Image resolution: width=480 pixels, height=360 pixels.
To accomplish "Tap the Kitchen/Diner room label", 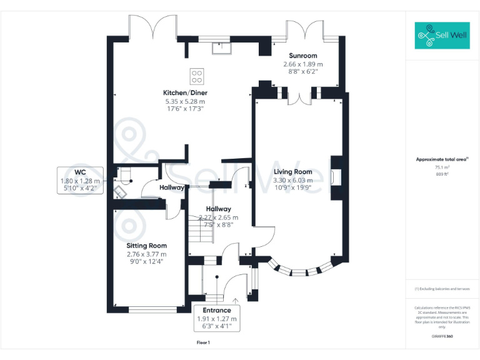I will (x=185, y=93).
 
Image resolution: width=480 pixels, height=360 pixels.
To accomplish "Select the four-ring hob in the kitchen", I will (x=197, y=76).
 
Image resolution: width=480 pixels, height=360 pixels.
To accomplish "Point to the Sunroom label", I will (x=302, y=56).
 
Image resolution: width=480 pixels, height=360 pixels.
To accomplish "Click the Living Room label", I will (x=292, y=172).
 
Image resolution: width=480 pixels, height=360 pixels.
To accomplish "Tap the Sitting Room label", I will (x=146, y=246).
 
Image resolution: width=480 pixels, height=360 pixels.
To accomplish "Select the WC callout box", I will (x=79, y=181).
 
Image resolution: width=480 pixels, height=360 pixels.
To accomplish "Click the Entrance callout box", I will (x=217, y=319).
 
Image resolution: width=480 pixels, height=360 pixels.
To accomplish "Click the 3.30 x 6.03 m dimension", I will (x=292, y=180).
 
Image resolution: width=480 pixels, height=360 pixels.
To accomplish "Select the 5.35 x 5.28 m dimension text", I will (x=185, y=101).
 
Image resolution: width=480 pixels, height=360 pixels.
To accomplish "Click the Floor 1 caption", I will (x=203, y=342).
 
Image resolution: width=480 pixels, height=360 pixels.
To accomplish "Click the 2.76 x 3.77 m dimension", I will (x=146, y=254).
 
